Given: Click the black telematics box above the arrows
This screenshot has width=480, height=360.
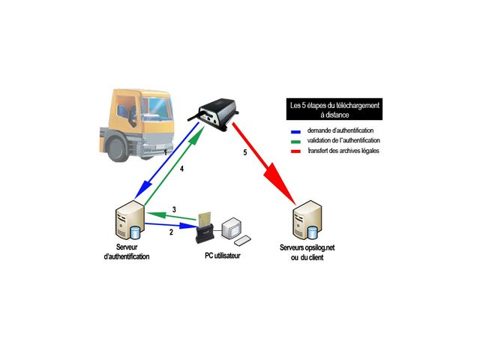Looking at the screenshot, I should coord(216,110).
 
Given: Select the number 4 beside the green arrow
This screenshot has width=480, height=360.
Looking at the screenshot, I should coord(182,169).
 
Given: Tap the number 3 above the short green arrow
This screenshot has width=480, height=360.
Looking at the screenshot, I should coord(174,209).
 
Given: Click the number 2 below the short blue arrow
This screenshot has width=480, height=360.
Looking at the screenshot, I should coord(171,232).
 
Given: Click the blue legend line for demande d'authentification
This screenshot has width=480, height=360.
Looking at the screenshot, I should coord(295,131).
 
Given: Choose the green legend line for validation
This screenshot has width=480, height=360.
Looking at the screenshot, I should coord(295,141).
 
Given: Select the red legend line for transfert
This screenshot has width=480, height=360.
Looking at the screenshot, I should coord(295,151).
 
